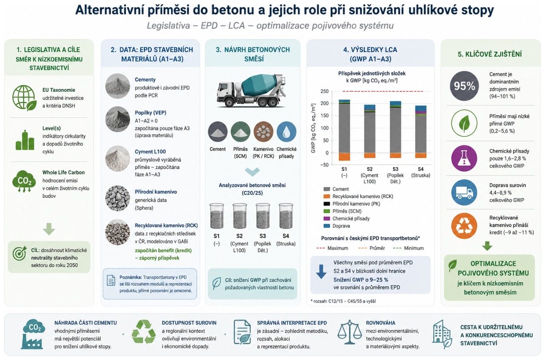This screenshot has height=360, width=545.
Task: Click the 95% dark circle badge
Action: pyautogui.click(x=464, y=86)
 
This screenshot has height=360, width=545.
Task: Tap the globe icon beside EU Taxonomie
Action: pyautogui.click(x=24, y=97)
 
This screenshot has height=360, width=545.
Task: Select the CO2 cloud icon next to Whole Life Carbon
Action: pyautogui.click(x=24, y=181)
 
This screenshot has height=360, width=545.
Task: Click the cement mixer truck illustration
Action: pyautogui.click(x=252, y=91)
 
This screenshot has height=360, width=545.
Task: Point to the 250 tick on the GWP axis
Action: pyautogui.click(x=325, y=91)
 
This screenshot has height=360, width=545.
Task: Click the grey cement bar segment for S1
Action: pyautogui.click(x=344, y=128)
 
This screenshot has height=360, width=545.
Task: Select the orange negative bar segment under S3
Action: pyautogui.click(x=395, y=155)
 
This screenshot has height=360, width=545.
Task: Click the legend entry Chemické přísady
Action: pyautogui.click(x=347, y=218)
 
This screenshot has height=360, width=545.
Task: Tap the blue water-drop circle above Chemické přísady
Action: pyautogui.click(x=286, y=132)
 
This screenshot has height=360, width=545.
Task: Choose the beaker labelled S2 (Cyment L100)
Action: pyautogui.click(x=240, y=216)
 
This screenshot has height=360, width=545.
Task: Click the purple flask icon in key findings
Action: pyautogui.click(x=464, y=158)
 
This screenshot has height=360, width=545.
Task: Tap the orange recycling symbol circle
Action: pyautogui.click(x=464, y=226)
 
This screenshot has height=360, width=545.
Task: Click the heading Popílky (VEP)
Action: pyautogui.click(x=151, y=113)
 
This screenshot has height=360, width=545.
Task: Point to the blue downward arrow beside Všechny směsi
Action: pyautogui.click(x=321, y=272)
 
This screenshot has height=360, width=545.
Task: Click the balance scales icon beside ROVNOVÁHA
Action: pyautogui.click(x=350, y=332)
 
